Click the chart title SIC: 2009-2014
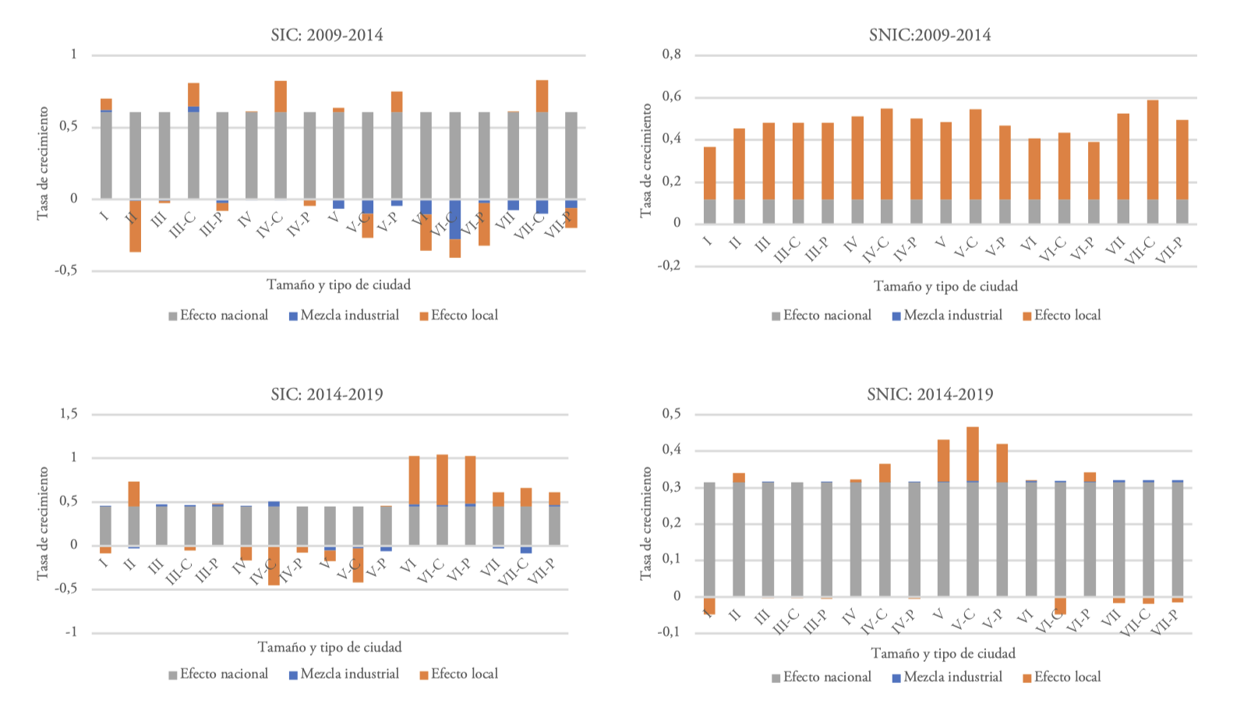(x=327, y=35)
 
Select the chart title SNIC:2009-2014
(x=930, y=35)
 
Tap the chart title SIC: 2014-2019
(x=327, y=394)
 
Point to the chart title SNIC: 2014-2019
(x=930, y=394)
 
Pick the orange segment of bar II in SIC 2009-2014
(x=135, y=226)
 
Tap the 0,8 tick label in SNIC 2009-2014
(x=671, y=55)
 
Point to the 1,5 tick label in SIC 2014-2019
(x=69, y=414)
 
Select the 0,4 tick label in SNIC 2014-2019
(x=671, y=450)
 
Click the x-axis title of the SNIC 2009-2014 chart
(x=945, y=286)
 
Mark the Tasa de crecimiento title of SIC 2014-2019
(x=43, y=522)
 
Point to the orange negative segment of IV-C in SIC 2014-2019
(x=274, y=566)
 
